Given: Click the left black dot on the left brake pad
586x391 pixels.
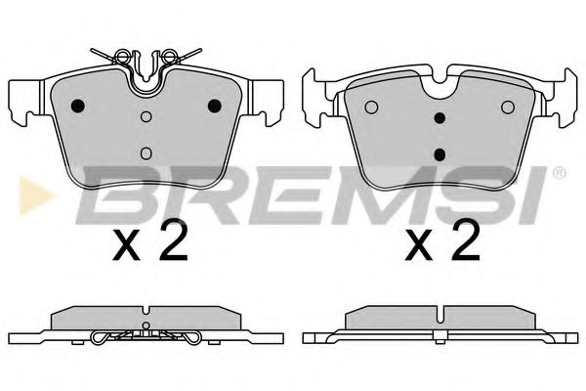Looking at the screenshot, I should (x=79, y=106).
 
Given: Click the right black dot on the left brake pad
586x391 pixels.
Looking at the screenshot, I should (x=214, y=106).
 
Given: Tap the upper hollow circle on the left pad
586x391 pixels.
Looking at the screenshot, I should (x=146, y=118).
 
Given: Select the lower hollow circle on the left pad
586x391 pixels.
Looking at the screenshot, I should (x=146, y=152).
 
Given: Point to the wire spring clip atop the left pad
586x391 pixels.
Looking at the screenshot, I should (x=146, y=56).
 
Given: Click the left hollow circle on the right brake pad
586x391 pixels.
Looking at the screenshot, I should (x=370, y=107).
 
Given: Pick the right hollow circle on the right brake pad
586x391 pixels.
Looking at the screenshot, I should (x=507, y=107).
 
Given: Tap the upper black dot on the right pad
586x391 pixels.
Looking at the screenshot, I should (x=439, y=119).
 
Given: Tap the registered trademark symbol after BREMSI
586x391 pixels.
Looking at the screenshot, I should (x=559, y=174).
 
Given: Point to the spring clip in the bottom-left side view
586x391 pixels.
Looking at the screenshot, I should (x=146, y=337).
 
